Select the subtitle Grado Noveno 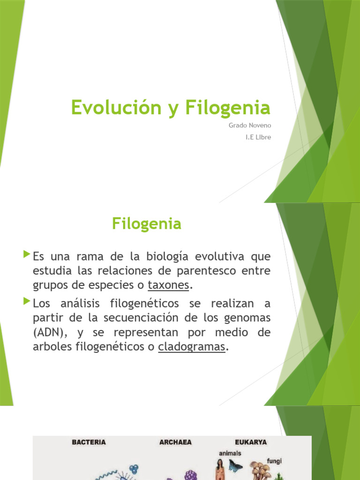[x=250, y=126]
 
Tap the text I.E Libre [x=258, y=137]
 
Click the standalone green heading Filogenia [x=146, y=224]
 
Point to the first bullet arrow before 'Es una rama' [x=26, y=255]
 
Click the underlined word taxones [x=168, y=285]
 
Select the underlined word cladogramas [x=192, y=347]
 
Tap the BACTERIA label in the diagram [x=89, y=442]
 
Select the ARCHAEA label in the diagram [x=176, y=442]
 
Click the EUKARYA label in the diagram [x=251, y=442]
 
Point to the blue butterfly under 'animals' [x=235, y=465]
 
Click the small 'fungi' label [x=274, y=461]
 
